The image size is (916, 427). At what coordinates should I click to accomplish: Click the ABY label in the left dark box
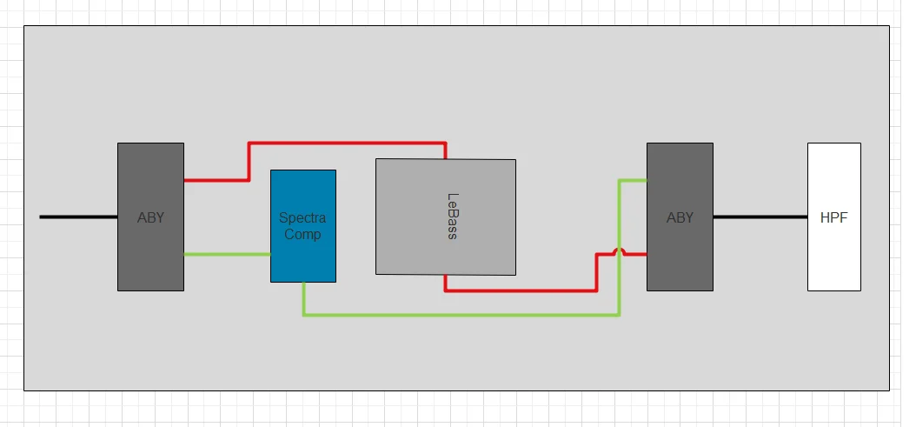click(x=150, y=217)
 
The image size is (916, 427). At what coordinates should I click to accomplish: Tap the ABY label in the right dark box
click(x=680, y=217)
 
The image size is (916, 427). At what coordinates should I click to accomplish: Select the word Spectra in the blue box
click(x=302, y=218)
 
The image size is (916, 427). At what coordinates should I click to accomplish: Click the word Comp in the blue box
click(x=302, y=234)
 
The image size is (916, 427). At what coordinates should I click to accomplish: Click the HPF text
click(x=833, y=217)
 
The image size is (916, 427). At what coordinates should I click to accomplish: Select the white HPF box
click(x=833, y=261)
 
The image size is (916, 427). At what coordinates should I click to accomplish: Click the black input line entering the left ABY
click(x=78, y=217)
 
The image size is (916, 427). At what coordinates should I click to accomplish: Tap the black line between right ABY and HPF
click(x=760, y=217)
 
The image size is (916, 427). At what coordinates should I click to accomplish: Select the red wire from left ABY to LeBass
click(x=348, y=143)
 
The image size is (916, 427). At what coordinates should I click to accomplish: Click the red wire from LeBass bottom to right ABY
click(x=521, y=290)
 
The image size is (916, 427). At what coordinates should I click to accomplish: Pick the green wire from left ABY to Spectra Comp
click(x=226, y=254)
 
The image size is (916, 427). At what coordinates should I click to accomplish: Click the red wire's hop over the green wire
click(x=620, y=252)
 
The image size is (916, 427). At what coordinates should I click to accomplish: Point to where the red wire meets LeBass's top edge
click(x=446, y=158)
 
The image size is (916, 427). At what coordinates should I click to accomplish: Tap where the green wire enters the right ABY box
click(x=646, y=180)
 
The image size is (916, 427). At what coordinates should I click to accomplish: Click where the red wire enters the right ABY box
click(x=646, y=255)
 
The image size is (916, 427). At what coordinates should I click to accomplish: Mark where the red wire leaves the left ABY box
click(x=185, y=180)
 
